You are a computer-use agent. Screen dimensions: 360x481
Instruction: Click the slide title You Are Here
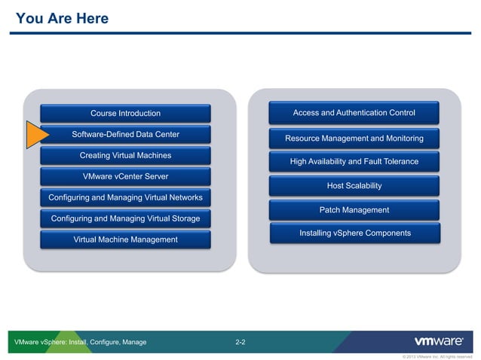(62, 18)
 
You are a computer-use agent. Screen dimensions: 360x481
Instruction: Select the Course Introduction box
(125, 114)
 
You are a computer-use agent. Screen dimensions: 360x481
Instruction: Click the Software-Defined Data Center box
(125, 135)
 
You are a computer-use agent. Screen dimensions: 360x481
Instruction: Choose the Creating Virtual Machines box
(125, 156)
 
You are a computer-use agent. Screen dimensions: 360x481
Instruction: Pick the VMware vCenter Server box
(125, 177)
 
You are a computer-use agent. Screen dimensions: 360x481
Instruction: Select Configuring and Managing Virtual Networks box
(125, 198)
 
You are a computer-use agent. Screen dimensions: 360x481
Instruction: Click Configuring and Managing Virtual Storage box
(125, 218)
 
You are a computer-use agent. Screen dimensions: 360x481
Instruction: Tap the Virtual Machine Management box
(125, 239)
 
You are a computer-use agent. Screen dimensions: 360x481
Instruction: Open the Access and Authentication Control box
(354, 114)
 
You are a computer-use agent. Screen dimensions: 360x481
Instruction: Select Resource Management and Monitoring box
(354, 139)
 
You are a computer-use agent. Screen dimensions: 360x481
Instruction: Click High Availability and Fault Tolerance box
(354, 162)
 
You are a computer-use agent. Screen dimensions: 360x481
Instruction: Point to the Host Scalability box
(354, 186)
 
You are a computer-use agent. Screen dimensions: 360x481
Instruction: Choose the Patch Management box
(354, 210)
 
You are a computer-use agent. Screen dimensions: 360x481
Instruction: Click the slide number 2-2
(240, 343)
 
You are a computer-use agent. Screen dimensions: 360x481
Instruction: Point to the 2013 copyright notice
(437, 356)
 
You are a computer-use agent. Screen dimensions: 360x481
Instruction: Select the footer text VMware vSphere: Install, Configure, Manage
(81, 343)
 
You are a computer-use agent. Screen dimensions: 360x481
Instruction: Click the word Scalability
(363, 186)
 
